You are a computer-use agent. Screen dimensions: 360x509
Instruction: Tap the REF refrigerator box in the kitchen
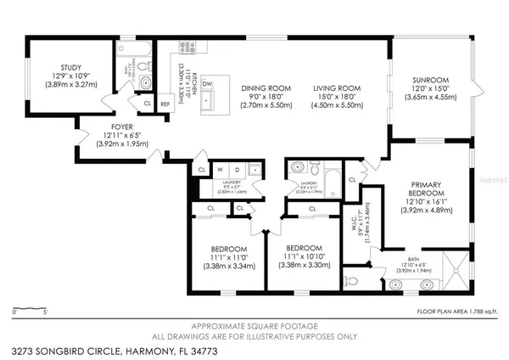pyautogui.click(x=165, y=104)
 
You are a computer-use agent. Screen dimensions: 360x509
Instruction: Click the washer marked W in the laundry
pyautogui.click(x=219, y=168)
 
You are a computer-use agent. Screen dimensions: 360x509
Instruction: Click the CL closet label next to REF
pyautogui.click(x=147, y=104)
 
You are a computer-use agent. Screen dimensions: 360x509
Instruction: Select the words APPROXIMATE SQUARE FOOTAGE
pyautogui.click(x=254, y=326)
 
